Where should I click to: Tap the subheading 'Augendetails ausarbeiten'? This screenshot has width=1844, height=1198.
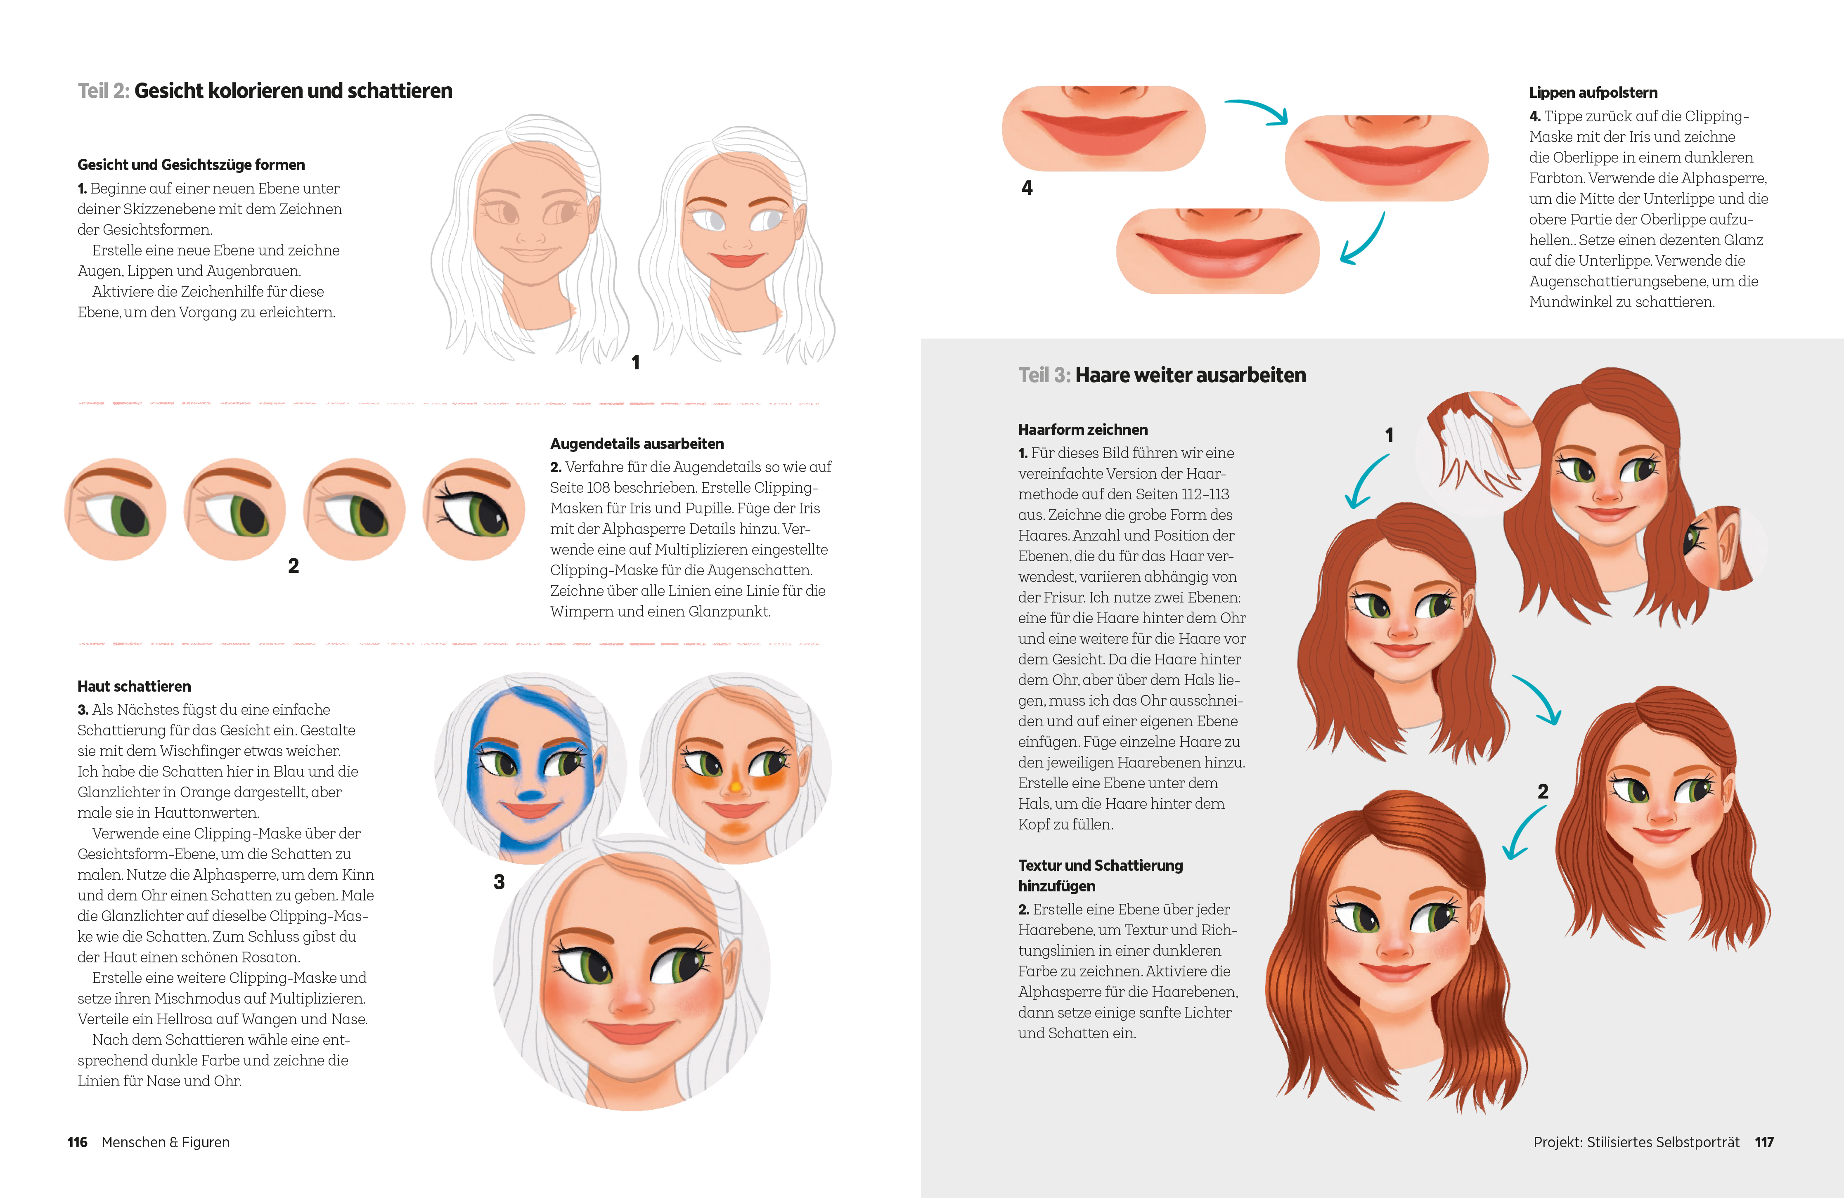(x=637, y=444)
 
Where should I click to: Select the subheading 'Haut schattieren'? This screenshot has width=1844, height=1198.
(x=134, y=686)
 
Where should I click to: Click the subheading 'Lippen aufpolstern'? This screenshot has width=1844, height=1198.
(x=1593, y=93)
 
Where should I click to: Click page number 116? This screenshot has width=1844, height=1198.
(x=78, y=1142)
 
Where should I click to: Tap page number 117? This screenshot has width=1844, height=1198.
(x=1764, y=1142)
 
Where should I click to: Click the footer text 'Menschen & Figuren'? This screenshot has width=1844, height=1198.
(x=166, y=1142)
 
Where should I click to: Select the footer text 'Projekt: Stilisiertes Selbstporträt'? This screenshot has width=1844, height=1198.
(x=1636, y=1142)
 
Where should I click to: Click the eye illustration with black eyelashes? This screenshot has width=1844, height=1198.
(x=474, y=510)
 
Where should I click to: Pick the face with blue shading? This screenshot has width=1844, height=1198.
(x=531, y=767)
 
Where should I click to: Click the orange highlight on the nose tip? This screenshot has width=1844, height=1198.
(x=735, y=787)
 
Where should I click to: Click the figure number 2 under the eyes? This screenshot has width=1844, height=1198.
(x=294, y=566)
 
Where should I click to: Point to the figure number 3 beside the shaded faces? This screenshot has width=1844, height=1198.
(x=499, y=882)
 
